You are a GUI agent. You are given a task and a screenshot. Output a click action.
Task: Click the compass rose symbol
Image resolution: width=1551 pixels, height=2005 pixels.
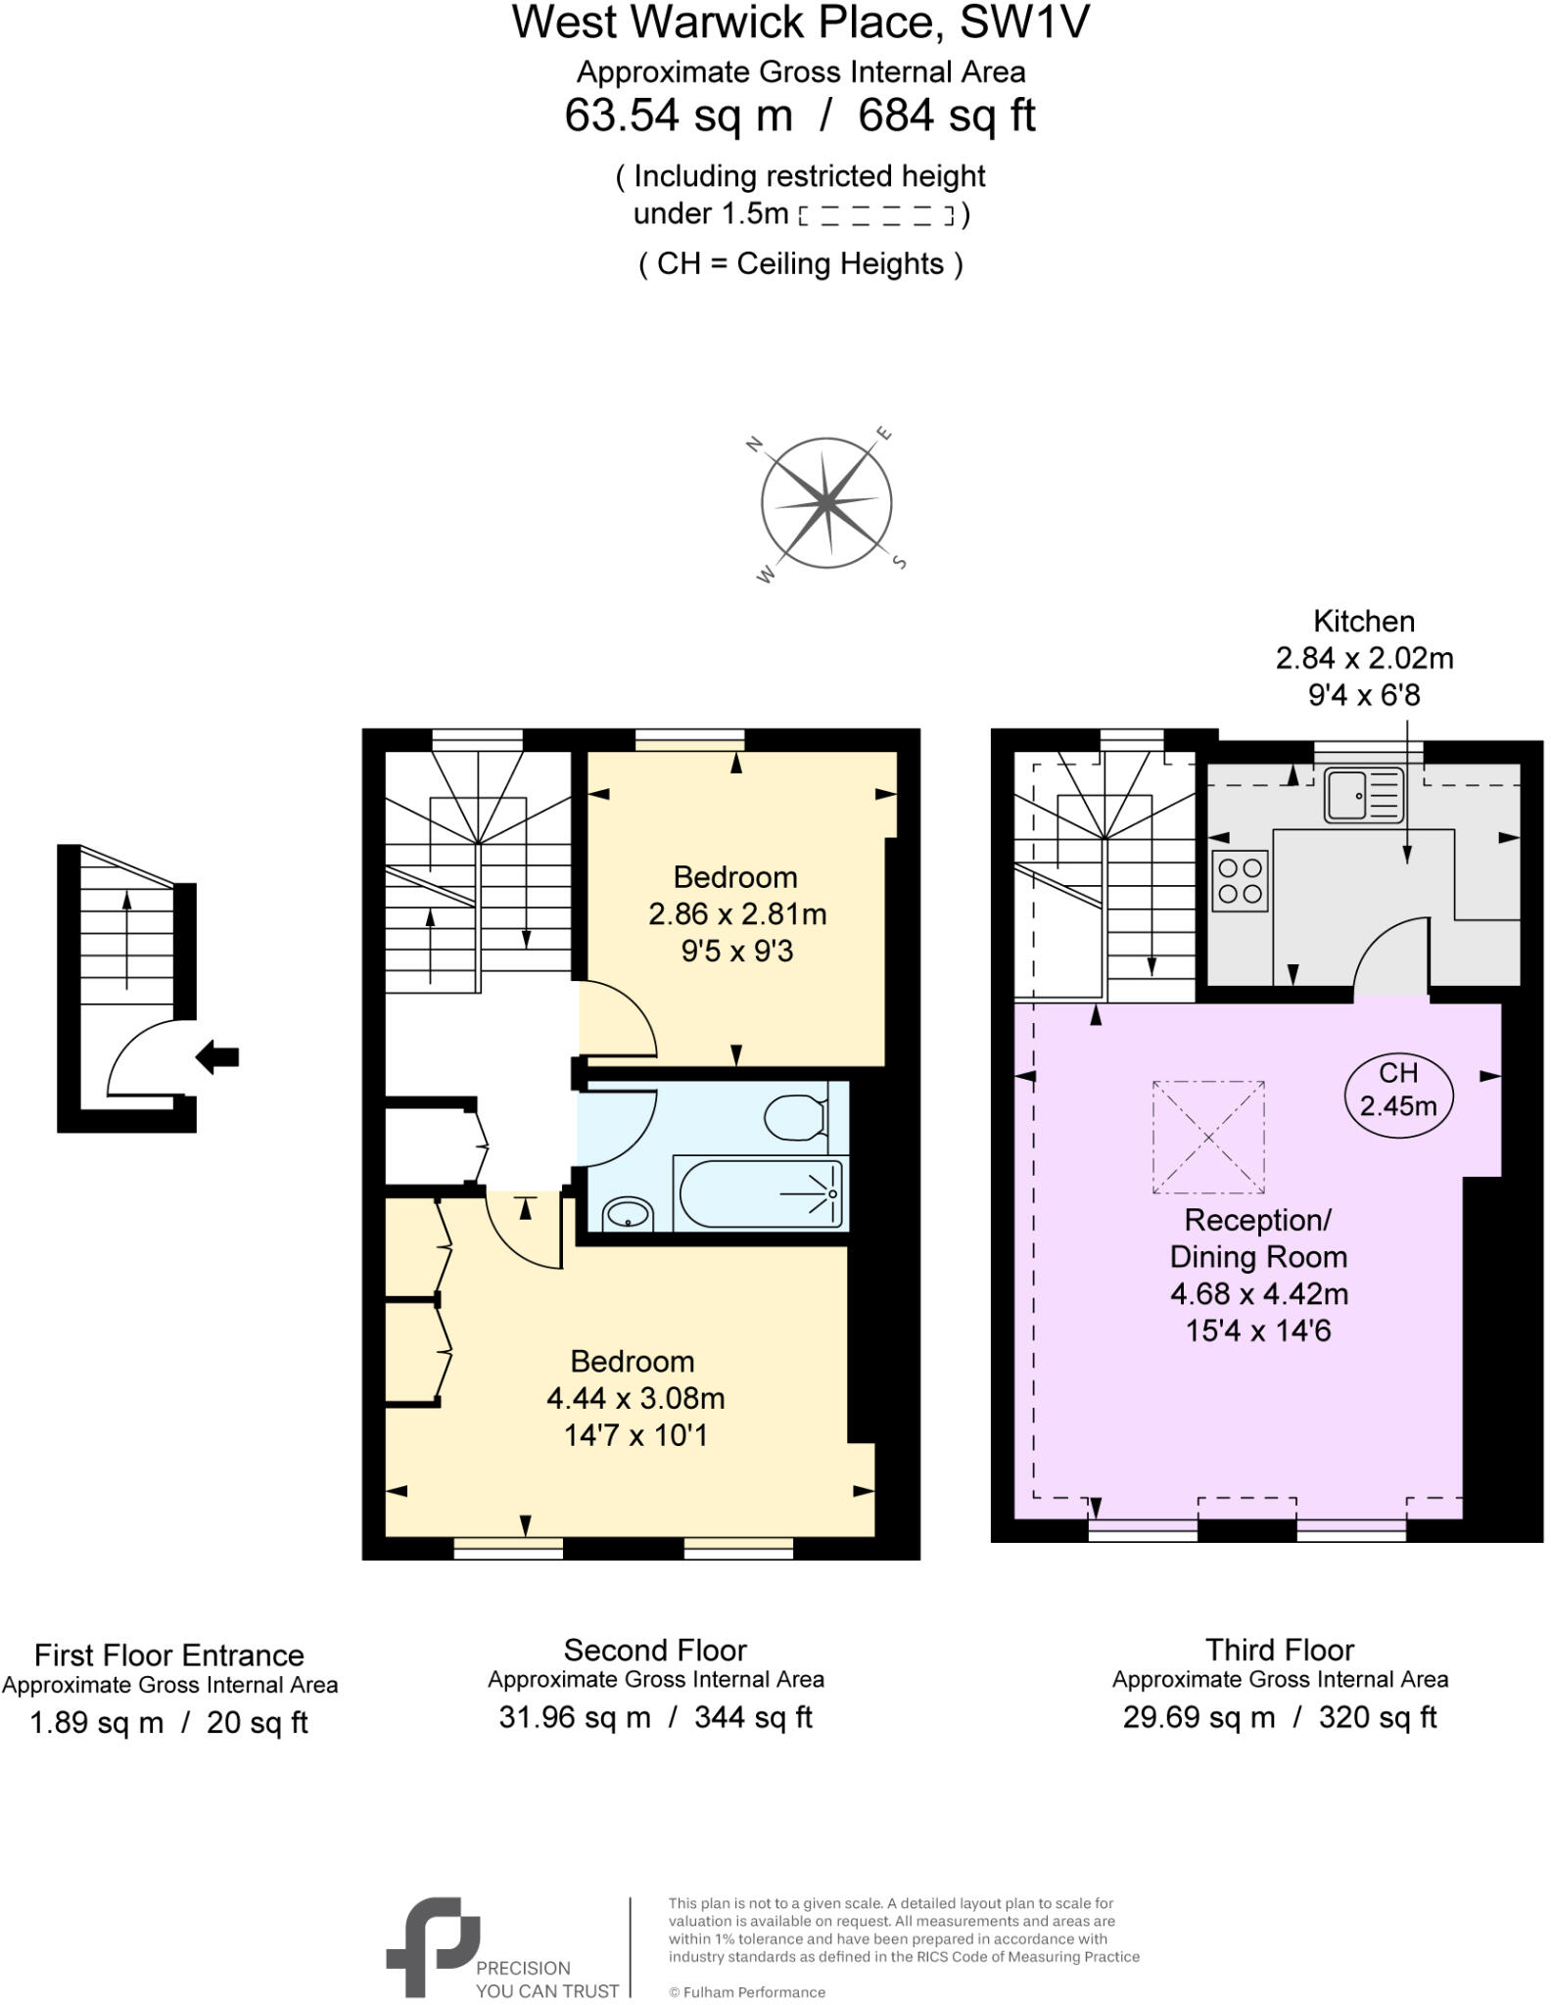(x=825, y=503)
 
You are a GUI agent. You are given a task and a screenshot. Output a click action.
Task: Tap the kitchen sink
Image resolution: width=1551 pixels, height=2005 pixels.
(x=1362, y=795)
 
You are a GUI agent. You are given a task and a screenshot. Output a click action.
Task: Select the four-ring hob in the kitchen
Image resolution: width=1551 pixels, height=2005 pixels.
(x=1239, y=880)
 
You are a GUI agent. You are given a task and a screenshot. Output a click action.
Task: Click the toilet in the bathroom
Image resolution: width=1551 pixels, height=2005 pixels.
(x=794, y=1117)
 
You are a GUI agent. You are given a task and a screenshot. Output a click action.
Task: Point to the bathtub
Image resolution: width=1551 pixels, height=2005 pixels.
(x=759, y=1192)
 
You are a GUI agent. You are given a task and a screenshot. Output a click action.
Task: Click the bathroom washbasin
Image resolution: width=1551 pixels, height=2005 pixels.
(x=628, y=1214)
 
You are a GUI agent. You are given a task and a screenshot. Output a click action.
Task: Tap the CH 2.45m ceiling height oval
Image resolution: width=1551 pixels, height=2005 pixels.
(x=1397, y=1090)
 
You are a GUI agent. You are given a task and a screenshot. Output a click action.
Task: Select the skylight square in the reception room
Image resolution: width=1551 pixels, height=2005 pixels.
(x=1207, y=1137)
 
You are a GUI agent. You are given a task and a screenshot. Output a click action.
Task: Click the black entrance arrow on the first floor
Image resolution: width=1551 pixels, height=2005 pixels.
(x=217, y=1056)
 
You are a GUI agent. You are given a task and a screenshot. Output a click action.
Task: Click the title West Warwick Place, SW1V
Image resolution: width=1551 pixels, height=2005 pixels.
(x=800, y=23)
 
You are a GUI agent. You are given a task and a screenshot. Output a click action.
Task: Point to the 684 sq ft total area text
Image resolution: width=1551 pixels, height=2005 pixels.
(x=946, y=116)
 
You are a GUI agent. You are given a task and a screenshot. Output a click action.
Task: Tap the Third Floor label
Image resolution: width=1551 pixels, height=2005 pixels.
(x=1279, y=1650)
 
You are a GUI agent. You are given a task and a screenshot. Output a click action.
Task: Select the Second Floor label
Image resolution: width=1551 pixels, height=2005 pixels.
(x=655, y=1650)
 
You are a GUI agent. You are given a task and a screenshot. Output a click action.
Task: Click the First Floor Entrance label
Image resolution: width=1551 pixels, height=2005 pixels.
(x=169, y=1655)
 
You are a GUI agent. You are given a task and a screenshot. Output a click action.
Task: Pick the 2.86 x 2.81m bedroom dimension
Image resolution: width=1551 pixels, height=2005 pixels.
(x=736, y=913)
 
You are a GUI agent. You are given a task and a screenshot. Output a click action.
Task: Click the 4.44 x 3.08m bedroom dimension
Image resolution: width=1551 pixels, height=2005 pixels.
(x=635, y=1398)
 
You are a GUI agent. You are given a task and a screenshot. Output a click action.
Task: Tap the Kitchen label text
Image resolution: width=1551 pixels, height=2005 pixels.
(x=1363, y=621)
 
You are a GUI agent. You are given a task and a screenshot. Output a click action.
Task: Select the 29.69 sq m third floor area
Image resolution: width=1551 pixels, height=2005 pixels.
(x=1198, y=1717)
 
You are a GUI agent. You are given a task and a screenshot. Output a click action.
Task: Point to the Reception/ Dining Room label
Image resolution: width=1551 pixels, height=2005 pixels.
(x=1258, y=1238)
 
